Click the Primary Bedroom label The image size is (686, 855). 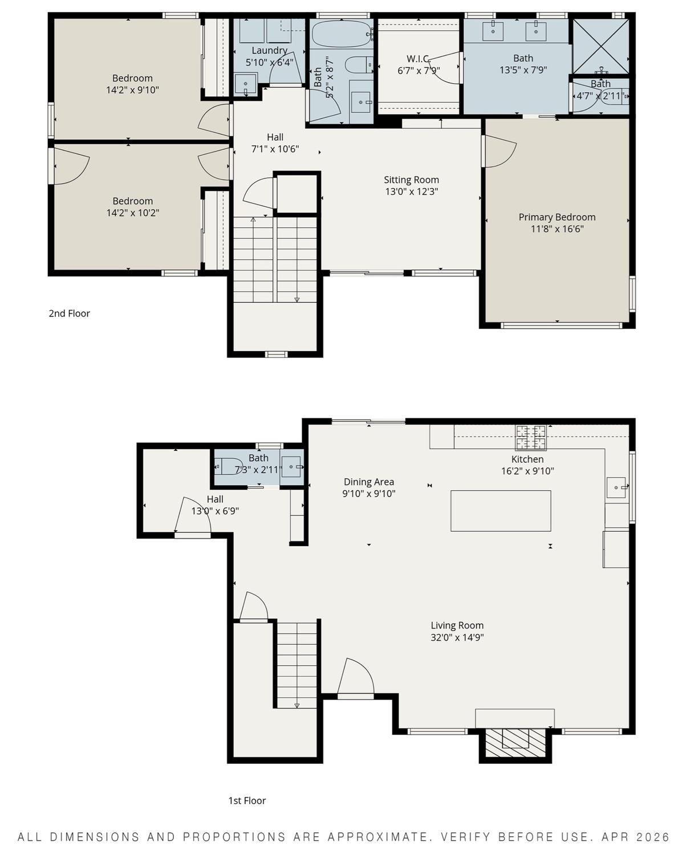pyautogui.click(x=557, y=217)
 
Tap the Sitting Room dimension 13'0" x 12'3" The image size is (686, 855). pyautogui.click(x=411, y=192)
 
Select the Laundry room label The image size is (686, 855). pyautogui.click(x=269, y=51)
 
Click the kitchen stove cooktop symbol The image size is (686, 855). pyautogui.click(x=530, y=437)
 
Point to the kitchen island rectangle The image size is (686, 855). pyautogui.click(x=501, y=511)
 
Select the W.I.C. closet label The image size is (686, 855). pyautogui.click(x=418, y=59)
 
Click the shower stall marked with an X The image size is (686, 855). pyautogui.click(x=600, y=46)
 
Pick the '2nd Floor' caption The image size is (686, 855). pyautogui.click(x=69, y=313)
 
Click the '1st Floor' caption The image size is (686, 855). pyautogui.click(x=247, y=801)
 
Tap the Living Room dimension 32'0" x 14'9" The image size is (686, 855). pyautogui.click(x=457, y=638)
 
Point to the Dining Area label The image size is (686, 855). pyautogui.click(x=368, y=482)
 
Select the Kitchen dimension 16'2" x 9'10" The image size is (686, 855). pyautogui.click(x=527, y=471)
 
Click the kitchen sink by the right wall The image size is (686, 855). pyautogui.click(x=616, y=487)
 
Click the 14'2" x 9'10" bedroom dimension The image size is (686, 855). pyautogui.click(x=132, y=90)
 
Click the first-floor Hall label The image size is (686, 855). pyautogui.click(x=215, y=499)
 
